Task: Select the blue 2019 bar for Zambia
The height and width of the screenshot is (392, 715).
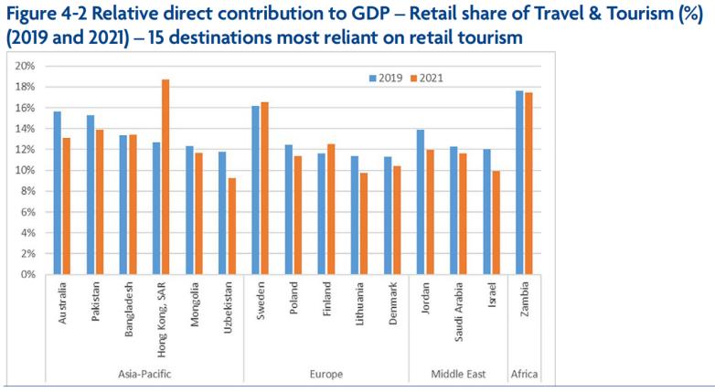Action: click(519, 182)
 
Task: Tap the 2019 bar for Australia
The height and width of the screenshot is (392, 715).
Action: click(57, 192)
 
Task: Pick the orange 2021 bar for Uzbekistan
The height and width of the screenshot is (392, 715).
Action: click(232, 226)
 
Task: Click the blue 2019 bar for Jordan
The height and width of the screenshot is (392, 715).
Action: click(420, 201)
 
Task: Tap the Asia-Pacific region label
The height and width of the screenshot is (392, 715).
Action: click(144, 375)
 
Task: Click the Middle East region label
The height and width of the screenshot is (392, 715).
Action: click(457, 375)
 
